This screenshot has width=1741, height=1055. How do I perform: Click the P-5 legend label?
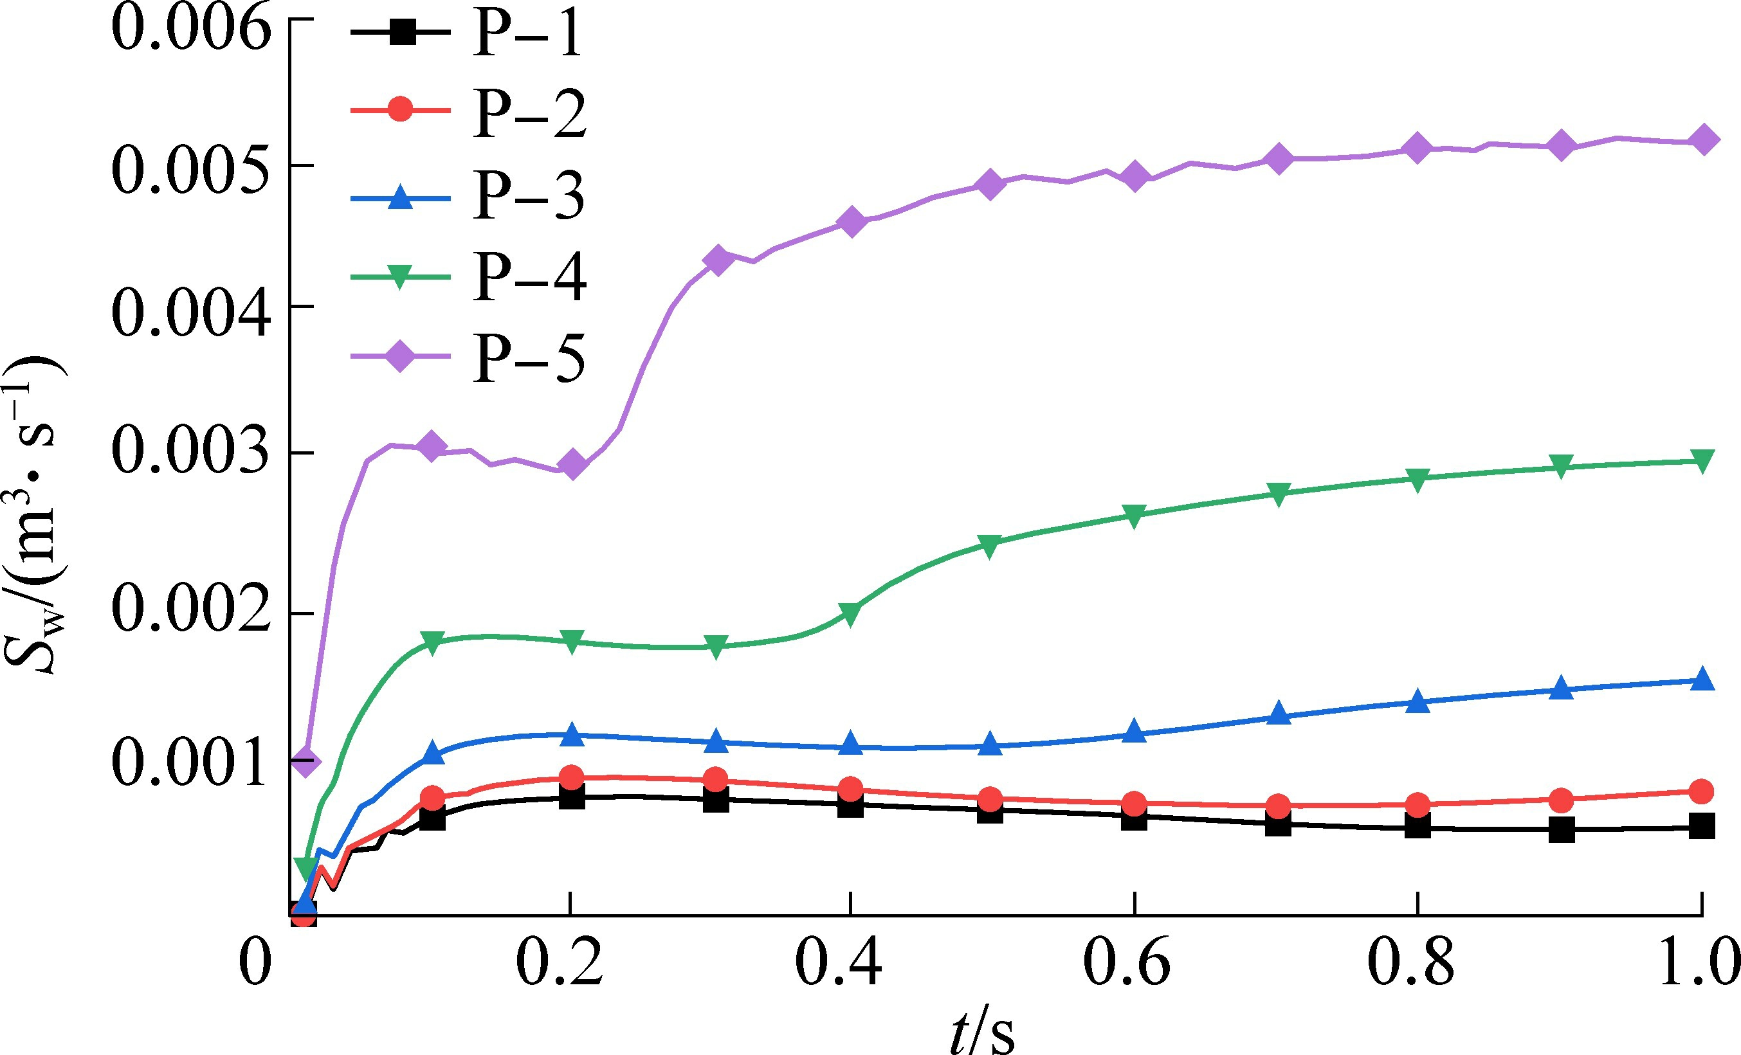(x=529, y=358)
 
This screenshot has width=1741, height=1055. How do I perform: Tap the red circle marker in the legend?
(x=400, y=109)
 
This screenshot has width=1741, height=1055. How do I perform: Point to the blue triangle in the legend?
(x=400, y=197)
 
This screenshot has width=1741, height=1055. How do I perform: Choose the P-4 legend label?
(x=529, y=277)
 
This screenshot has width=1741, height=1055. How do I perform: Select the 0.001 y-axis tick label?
(x=191, y=762)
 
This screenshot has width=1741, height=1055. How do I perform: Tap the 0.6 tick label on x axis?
(x=1126, y=962)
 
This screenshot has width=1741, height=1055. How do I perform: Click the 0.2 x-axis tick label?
(x=560, y=962)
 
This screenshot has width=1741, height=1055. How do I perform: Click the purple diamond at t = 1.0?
(x=1703, y=139)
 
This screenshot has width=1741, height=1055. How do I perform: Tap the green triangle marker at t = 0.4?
(x=851, y=615)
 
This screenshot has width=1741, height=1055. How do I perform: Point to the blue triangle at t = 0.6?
(x=1134, y=731)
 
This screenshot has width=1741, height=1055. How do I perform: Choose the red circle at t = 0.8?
(x=1417, y=804)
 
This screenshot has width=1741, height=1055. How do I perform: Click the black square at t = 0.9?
(x=1562, y=830)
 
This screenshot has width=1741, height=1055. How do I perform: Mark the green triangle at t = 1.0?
(x=1703, y=461)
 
